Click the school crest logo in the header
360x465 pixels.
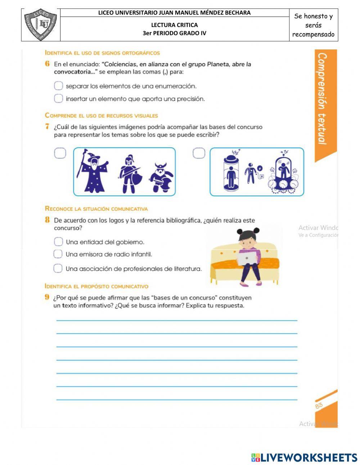(41, 25)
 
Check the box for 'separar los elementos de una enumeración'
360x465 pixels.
(58, 86)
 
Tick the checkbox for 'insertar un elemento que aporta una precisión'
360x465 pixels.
(58, 98)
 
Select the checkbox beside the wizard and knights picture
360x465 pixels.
(60, 153)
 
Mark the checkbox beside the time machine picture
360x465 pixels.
(199, 153)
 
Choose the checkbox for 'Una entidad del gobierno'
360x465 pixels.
(58, 242)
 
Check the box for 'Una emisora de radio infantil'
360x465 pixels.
(58, 254)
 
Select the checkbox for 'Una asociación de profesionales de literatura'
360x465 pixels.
(58, 268)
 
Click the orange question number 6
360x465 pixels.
(47, 64)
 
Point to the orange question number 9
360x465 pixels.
(47, 298)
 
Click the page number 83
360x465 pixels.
(319, 406)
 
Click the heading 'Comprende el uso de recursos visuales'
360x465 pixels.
(102, 116)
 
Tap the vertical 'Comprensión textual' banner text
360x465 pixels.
(323, 99)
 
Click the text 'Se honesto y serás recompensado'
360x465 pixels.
(313, 25)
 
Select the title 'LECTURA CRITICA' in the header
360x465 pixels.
(174, 25)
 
